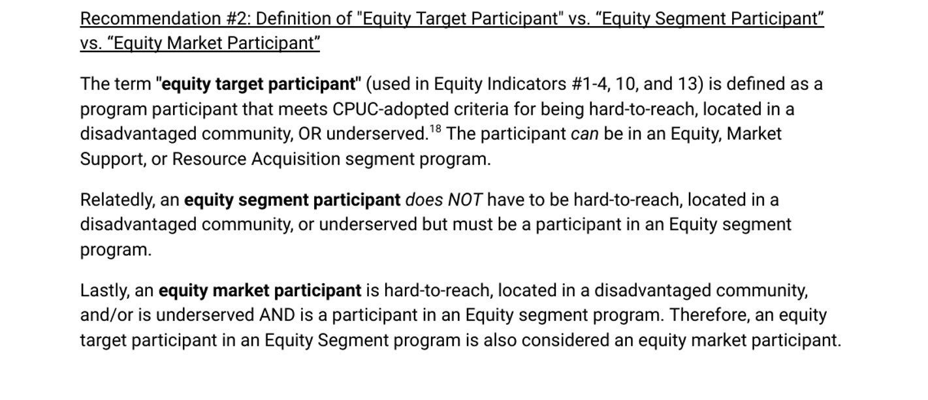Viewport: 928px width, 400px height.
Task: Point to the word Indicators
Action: click(526, 84)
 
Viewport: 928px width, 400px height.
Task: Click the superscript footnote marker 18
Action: click(435, 129)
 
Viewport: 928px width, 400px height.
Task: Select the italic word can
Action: click(584, 134)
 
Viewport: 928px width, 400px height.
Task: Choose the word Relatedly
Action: click(118, 200)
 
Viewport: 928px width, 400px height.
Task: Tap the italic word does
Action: click(424, 200)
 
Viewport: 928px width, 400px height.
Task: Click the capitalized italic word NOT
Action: click(465, 200)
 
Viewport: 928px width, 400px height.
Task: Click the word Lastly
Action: click(104, 290)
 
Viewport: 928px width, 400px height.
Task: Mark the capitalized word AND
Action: click(277, 315)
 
